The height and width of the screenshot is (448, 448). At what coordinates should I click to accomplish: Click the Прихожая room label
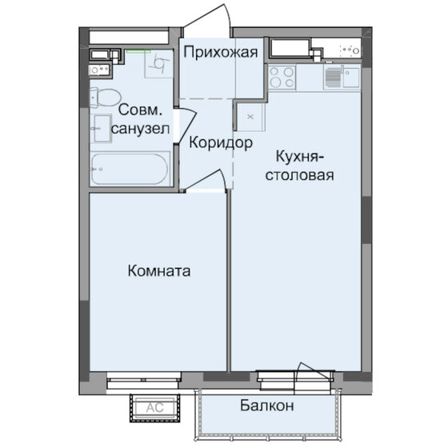221,53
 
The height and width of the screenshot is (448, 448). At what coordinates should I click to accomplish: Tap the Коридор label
221,142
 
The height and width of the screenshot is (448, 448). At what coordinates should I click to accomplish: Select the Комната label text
159,270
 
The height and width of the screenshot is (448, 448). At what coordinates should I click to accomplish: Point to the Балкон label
267,406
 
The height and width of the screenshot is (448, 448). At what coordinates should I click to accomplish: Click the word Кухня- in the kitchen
297,157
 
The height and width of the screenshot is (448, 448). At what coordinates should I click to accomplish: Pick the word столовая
299,175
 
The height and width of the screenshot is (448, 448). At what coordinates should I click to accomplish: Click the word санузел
141,129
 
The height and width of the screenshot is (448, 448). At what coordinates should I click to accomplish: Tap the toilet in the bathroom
105,98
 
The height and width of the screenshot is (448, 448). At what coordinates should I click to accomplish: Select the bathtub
130,169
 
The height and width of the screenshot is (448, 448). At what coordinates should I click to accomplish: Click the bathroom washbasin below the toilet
102,128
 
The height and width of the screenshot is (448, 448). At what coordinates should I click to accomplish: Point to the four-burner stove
282,77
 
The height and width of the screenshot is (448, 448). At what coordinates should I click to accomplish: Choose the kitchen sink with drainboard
342,77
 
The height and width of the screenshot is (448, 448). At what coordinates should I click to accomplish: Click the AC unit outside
155,408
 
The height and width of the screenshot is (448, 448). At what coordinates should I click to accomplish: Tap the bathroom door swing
188,126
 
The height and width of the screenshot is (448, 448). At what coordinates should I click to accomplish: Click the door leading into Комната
205,179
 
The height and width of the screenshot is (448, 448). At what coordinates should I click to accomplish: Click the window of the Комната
144,380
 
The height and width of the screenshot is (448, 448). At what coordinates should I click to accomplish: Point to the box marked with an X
250,117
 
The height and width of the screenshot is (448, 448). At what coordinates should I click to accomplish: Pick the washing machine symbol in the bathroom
158,64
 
